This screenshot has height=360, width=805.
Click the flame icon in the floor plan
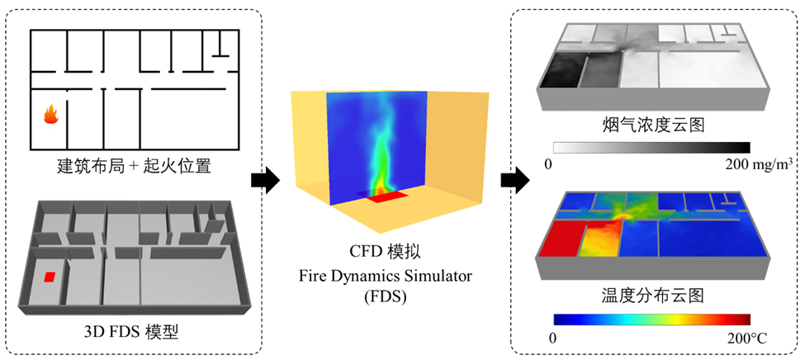tap(50, 115)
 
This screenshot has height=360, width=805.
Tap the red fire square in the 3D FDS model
tap(50, 277)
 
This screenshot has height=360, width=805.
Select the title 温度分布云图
tap(653, 292)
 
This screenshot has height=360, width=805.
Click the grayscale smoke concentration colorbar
tap(651, 147)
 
